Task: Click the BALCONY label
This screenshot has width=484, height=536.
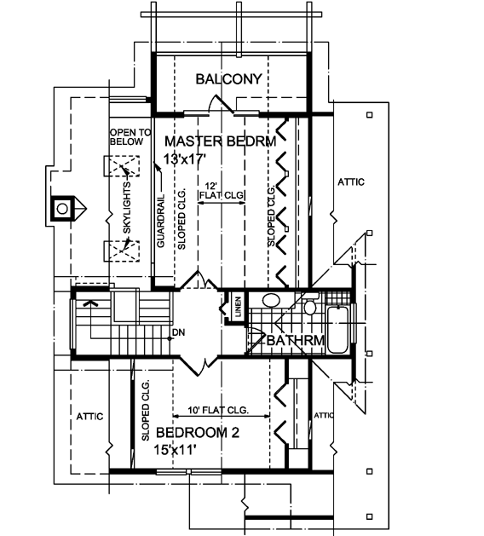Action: (228, 80)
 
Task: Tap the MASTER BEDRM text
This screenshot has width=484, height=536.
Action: (220, 141)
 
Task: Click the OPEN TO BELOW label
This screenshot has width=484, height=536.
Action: (130, 139)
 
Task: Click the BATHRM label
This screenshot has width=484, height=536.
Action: (294, 342)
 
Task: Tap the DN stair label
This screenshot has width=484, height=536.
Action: (178, 331)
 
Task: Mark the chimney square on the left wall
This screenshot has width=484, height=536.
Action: (63, 208)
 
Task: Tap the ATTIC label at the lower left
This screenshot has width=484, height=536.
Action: (89, 416)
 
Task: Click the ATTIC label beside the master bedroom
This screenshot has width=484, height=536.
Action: (349, 182)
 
